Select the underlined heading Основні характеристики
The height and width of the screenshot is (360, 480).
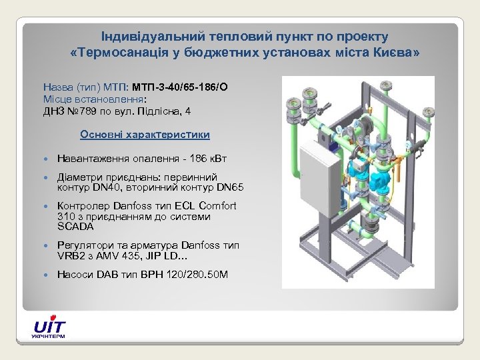145,135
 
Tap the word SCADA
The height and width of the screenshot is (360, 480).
76,227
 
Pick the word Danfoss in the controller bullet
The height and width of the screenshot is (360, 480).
134,206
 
